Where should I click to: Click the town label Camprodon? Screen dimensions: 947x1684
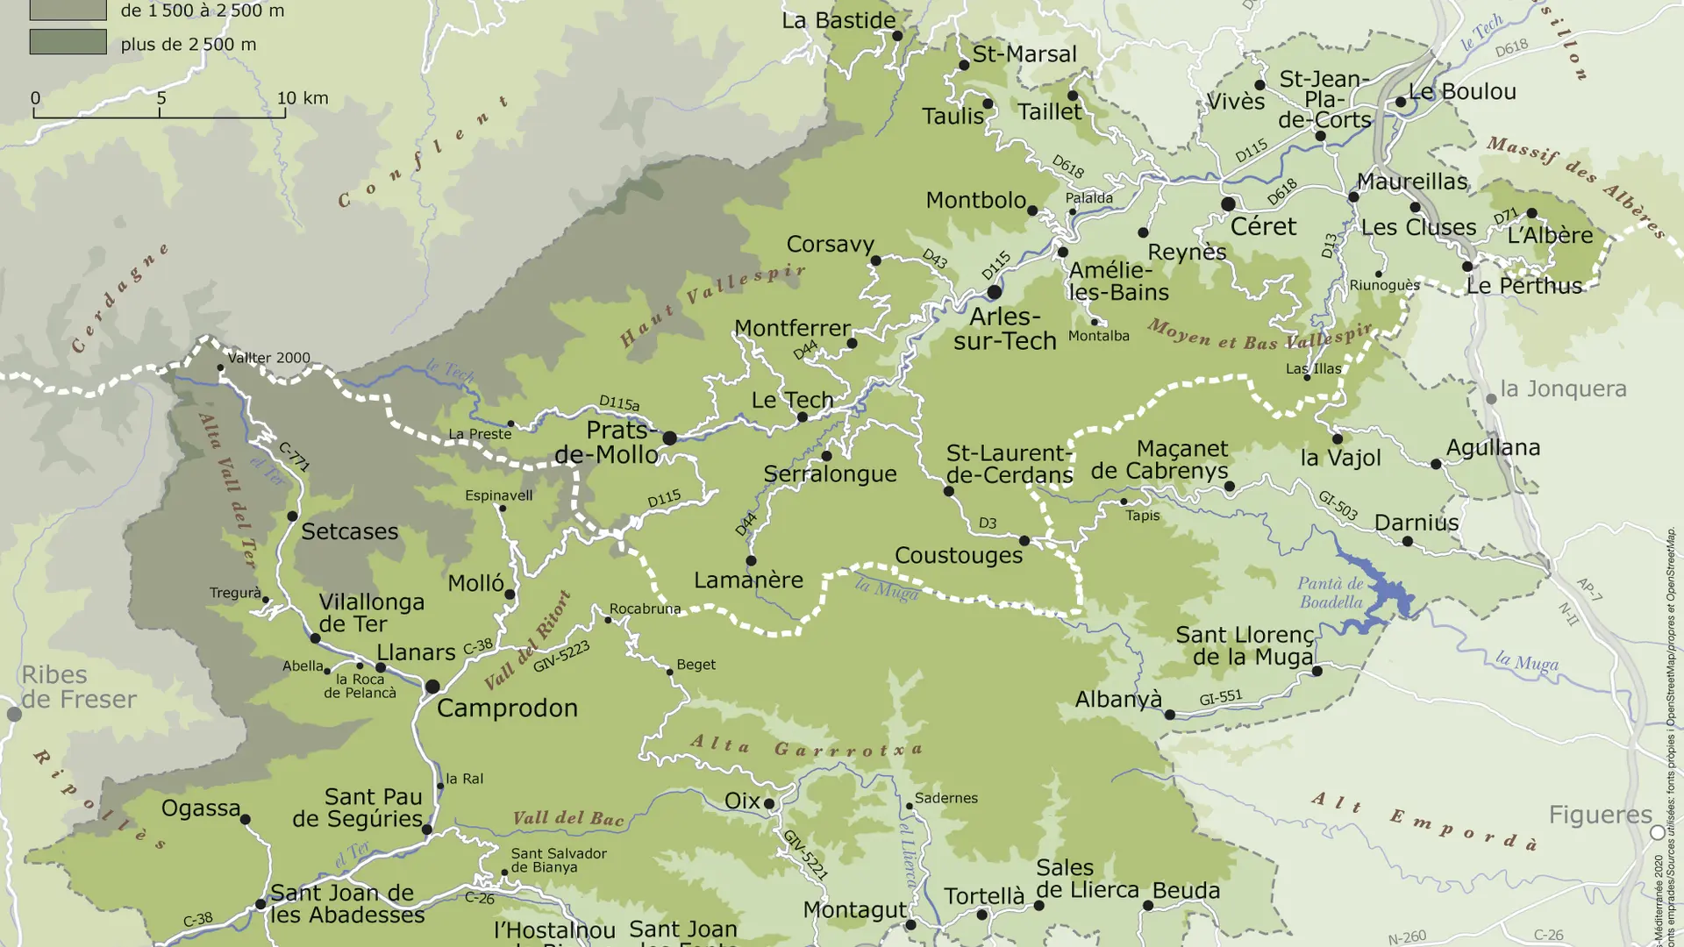[507, 708]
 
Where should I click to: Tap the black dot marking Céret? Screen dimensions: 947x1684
[1228, 204]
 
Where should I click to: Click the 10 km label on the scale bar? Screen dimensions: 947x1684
[303, 98]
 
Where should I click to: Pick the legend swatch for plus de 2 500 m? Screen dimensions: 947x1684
[68, 42]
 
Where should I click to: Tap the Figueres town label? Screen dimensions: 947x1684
[1600, 815]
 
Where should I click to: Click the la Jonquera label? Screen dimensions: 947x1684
[1563, 388]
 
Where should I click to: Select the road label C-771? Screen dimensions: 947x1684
[294, 457]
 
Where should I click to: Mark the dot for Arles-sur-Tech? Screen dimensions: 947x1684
[994, 291]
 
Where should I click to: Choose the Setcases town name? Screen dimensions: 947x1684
[349, 531]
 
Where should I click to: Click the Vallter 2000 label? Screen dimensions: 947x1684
[268, 358]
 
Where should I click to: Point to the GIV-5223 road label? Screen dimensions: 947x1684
[561, 656]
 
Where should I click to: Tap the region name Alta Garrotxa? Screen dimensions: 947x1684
[807, 747]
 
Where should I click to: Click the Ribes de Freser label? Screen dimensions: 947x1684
[78, 687]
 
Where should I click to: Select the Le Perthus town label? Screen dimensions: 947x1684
[1523, 286]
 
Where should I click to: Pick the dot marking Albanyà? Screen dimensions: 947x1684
[1169, 715]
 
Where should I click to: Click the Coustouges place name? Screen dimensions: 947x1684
[958, 555]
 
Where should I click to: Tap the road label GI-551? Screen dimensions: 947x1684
[1220, 698]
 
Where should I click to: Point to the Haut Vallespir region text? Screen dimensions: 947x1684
[712, 303]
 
